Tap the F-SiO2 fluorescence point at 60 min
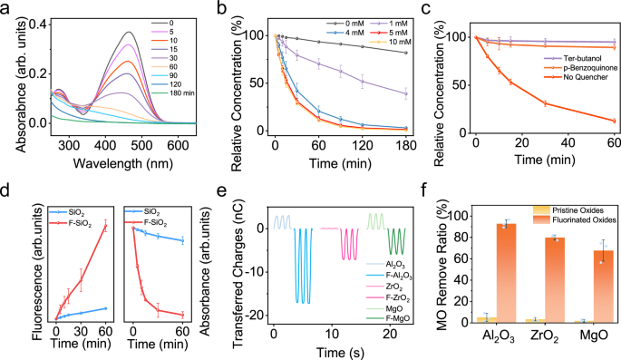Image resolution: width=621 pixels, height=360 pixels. pyautogui.click(x=105, y=227)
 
